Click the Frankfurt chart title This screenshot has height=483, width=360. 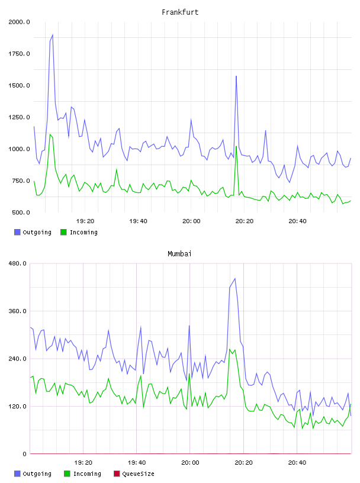[x=180, y=12]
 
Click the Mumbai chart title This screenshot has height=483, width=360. [x=179, y=254]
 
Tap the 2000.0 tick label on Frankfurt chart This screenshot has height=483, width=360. [x=19, y=22]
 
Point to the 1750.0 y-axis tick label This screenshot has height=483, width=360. [x=19, y=54]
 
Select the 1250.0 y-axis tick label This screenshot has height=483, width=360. [x=19, y=117]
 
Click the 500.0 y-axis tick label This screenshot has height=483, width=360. [x=21, y=212]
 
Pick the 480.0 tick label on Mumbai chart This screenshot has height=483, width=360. [x=18, y=263]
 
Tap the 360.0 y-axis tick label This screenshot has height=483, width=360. [x=18, y=311]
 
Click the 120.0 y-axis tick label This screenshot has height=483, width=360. [x=18, y=406]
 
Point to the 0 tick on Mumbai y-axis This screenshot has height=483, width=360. [x=25, y=454]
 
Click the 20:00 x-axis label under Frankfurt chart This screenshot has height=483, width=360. [x=191, y=221]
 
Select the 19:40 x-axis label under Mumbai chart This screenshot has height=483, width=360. [x=137, y=463]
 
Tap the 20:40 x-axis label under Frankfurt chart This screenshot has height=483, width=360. [x=297, y=221]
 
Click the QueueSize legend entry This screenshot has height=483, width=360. [x=134, y=474]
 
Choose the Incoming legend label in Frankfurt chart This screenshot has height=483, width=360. [x=84, y=232]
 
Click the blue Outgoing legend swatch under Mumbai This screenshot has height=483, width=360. [x=17, y=474]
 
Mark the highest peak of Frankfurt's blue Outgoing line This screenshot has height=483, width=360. [x=53, y=35]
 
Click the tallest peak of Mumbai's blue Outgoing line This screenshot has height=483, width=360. [x=235, y=278]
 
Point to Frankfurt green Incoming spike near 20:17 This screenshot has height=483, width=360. [x=236, y=147]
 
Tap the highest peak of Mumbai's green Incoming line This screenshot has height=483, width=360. [x=230, y=349]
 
